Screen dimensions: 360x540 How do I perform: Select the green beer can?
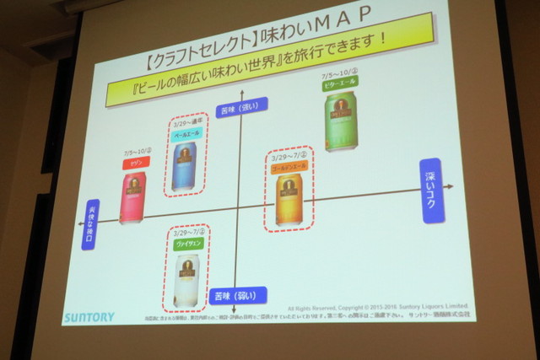pyautogui.click(x=341, y=122)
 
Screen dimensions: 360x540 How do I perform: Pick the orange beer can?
pyautogui.click(x=289, y=199)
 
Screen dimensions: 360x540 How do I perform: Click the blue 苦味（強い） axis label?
pyautogui.click(x=242, y=107)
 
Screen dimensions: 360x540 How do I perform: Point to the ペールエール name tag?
pyautogui.click(x=186, y=133)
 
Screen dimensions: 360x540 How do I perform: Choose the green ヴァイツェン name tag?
pyautogui.click(x=186, y=244)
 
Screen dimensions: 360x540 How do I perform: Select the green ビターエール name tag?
pyautogui.click(x=338, y=87)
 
